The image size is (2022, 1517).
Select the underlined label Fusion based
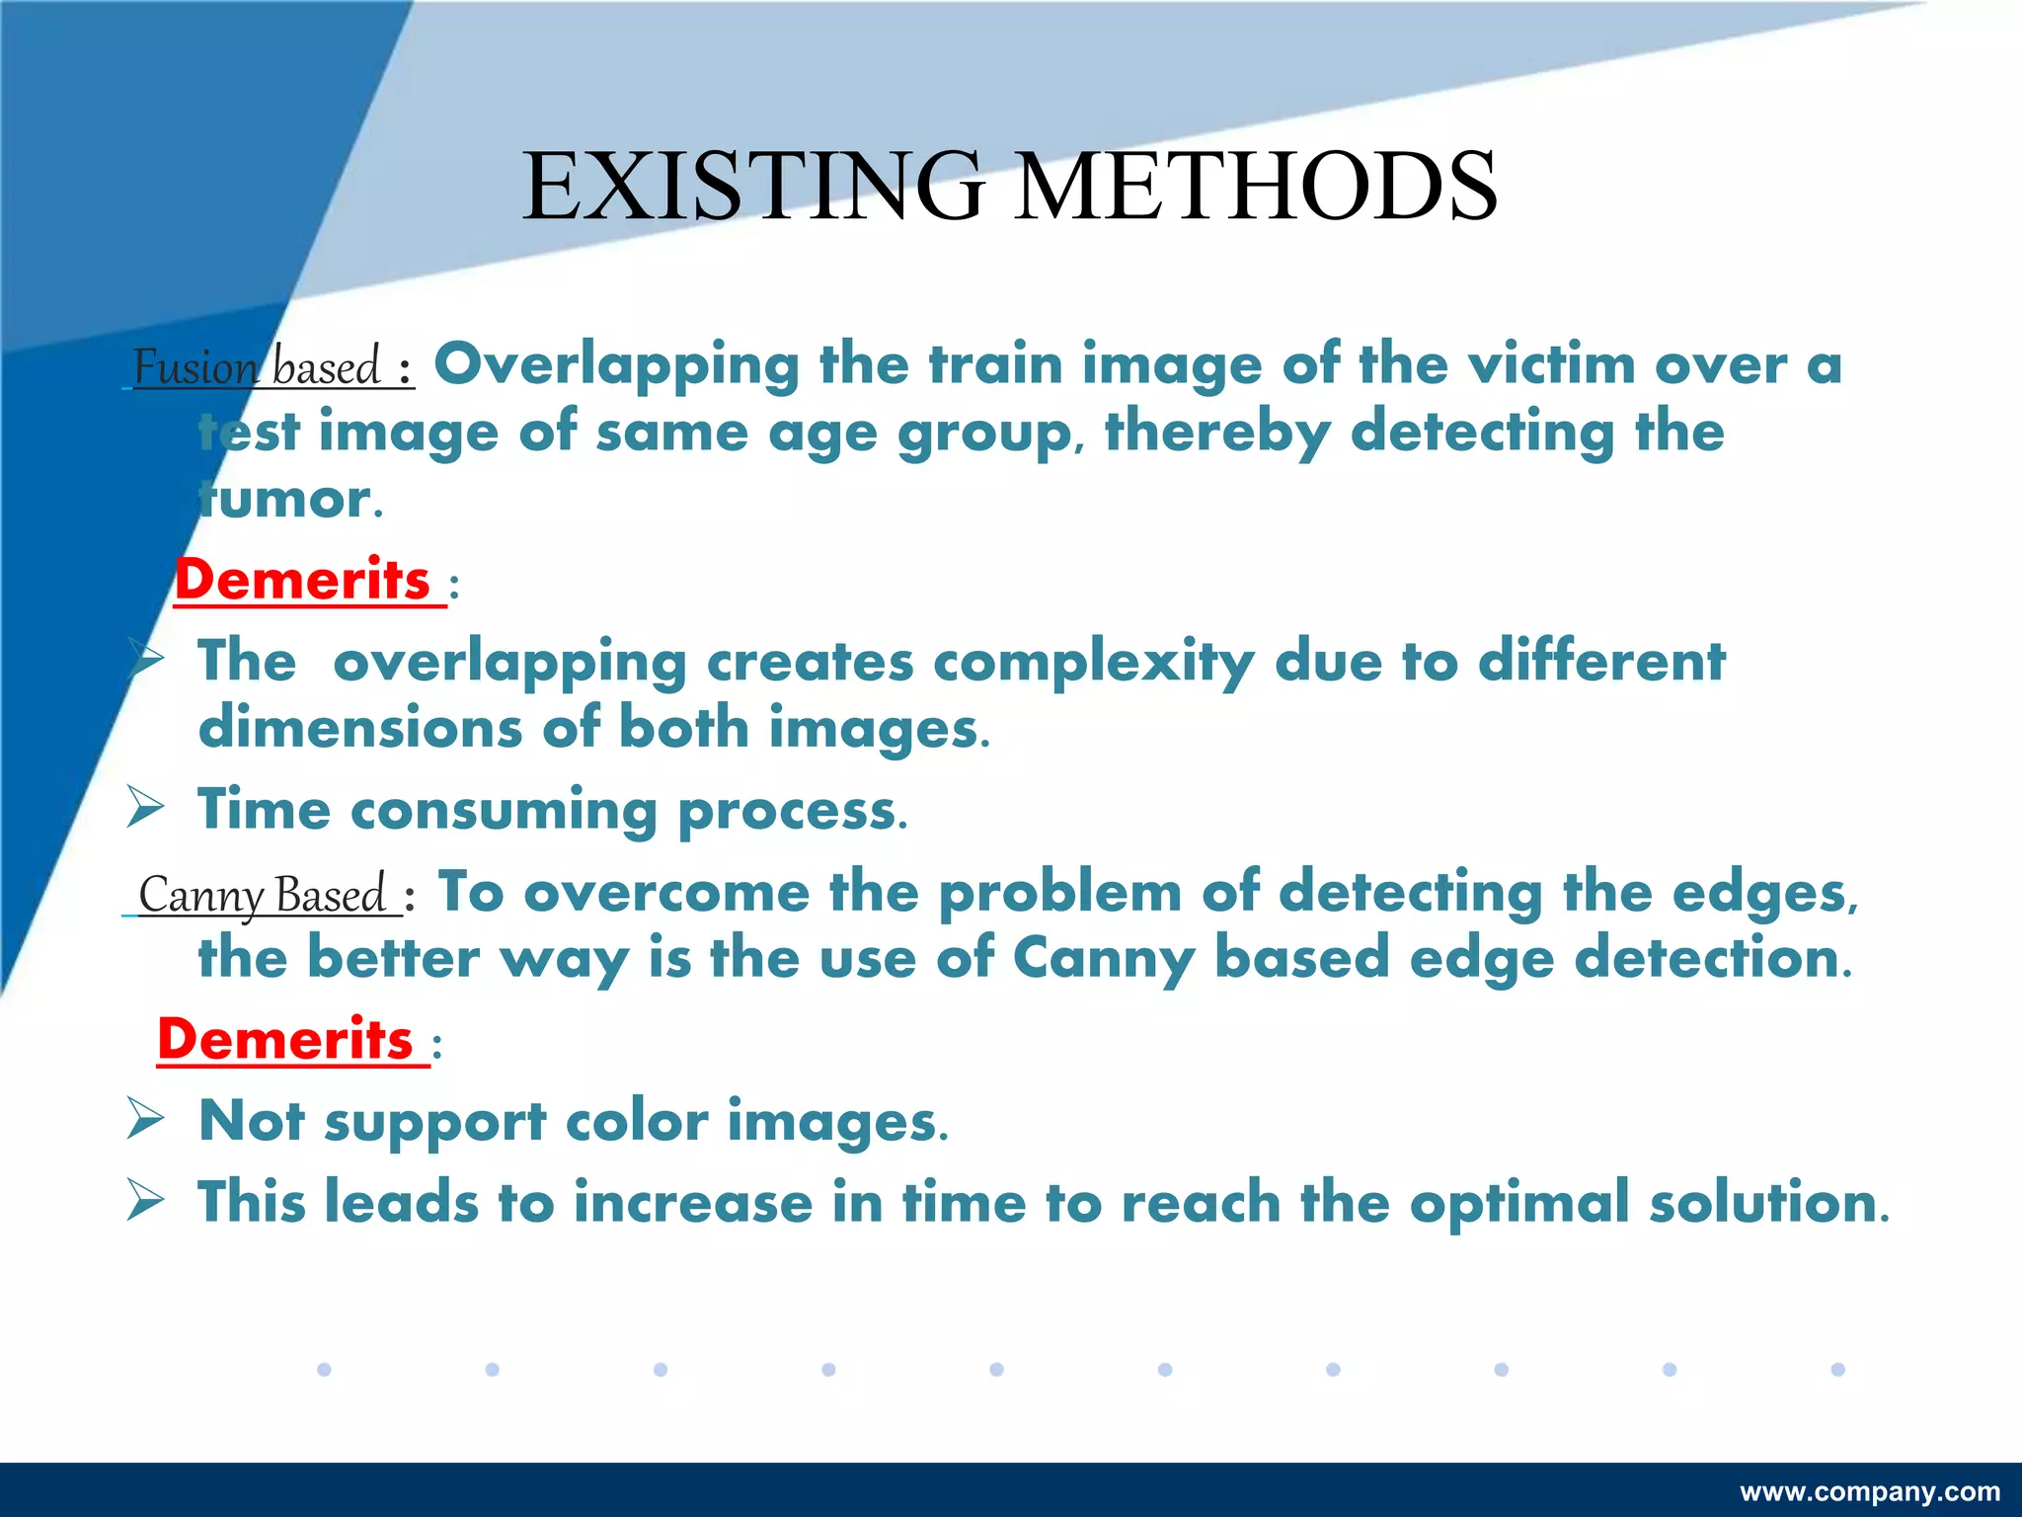(258, 367)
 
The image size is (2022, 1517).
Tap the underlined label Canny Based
(263, 895)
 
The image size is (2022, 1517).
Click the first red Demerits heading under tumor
(302, 580)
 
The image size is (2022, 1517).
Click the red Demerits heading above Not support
(285, 1040)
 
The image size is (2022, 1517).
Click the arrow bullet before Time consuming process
(146, 809)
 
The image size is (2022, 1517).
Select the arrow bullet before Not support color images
(146, 1120)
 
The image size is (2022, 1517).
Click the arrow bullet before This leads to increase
(146, 1201)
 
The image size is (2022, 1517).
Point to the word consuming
(504, 811)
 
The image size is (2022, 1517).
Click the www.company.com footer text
(1870, 1491)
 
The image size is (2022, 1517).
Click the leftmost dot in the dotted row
(324, 1369)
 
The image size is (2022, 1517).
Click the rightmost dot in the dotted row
(1837, 1369)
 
